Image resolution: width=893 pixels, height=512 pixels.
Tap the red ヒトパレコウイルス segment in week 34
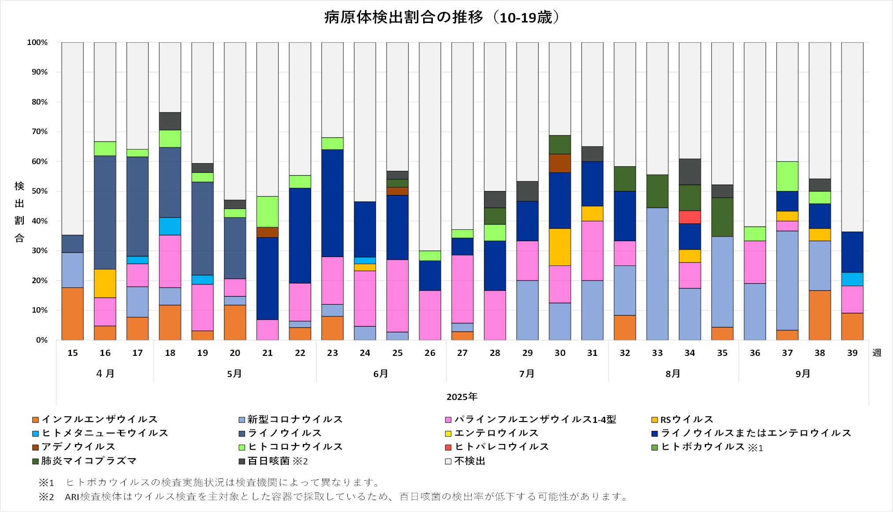[690, 217]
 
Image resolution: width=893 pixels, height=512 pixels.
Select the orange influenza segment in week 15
[73, 314]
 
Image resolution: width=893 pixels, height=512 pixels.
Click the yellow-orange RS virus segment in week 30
[560, 247]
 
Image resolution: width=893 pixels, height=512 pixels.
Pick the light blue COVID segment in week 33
[657, 273]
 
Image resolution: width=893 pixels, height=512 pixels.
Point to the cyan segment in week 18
[170, 226]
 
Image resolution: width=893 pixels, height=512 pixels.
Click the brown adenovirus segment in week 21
[268, 232]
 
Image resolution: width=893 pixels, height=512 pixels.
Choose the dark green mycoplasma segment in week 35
[722, 217]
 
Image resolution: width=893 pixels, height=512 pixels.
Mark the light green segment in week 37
[787, 176]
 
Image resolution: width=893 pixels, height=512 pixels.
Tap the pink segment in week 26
[430, 315]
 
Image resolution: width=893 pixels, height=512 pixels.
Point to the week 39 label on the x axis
[852, 353]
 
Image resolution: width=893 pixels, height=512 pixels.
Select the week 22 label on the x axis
[300, 353]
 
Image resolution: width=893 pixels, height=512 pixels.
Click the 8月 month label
[673, 374]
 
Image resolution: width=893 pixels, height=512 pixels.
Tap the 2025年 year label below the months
[462, 397]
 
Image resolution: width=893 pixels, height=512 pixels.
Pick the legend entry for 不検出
[469, 461]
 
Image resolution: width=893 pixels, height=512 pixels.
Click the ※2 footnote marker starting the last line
[46, 497]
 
